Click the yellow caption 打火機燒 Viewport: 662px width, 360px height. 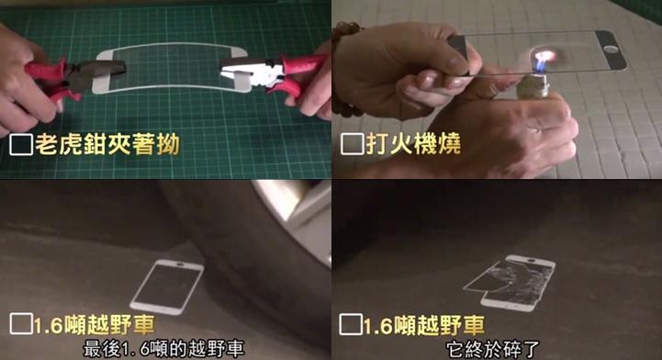(x=408, y=144)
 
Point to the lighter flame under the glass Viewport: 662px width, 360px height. (x=541, y=63)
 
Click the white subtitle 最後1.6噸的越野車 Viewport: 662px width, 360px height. (x=164, y=349)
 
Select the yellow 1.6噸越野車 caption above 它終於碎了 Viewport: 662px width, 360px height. (x=423, y=324)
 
